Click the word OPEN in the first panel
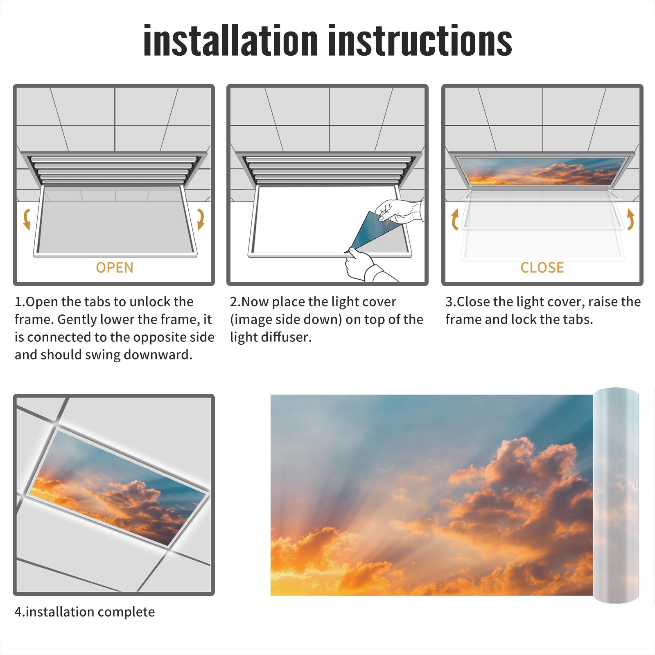coord(115,268)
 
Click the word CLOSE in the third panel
coord(542,268)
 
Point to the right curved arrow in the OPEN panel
coord(201,219)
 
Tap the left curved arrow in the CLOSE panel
coord(454,219)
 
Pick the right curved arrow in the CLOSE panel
coord(631,219)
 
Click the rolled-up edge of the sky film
coord(616,495)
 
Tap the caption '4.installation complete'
coord(85,612)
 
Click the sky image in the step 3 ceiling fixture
coord(542,172)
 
